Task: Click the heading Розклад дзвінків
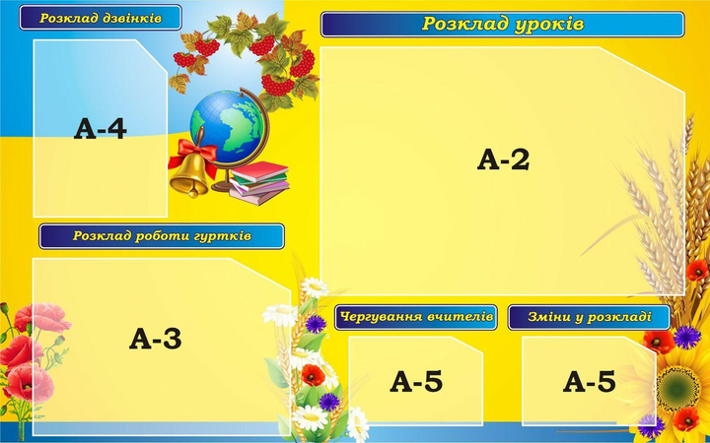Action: [101, 18]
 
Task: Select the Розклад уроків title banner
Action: [503, 25]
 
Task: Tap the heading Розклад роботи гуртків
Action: [162, 236]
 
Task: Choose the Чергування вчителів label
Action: [416, 317]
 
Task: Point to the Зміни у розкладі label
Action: [589, 317]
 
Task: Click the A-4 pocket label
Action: [100, 128]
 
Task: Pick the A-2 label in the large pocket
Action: [503, 159]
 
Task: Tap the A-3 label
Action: [156, 339]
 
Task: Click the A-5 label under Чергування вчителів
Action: [416, 382]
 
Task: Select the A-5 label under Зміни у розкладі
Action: [589, 382]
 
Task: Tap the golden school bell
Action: [190, 174]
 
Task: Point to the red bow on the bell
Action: [193, 153]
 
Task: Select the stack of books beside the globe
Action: [259, 182]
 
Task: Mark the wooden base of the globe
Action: [224, 185]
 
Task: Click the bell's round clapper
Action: [194, 194]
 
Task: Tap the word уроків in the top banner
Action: [549, 24]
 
